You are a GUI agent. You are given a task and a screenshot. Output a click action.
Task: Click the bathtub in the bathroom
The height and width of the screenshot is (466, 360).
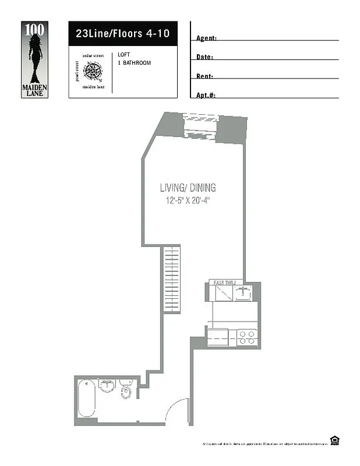pyautogui.click(x=87, y=398)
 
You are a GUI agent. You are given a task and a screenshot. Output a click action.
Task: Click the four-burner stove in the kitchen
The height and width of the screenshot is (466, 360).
pyautogui.click(x=247, y=337)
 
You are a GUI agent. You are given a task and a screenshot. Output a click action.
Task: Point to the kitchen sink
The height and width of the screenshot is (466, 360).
pyautogui.click(x=245, y=292)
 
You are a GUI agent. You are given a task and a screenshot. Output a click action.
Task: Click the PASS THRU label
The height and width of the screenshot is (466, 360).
pyautogui.click(x=224, y=283)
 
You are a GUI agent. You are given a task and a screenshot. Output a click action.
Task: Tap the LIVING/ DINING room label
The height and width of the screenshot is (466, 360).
pyautogui.click(x=188, y=188)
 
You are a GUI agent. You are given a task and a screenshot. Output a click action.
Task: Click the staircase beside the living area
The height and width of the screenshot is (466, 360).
pyautogui.click(x=171, y=279)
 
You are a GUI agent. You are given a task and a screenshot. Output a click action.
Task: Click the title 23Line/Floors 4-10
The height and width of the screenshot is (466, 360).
pyautogui.click(x=122, y=34)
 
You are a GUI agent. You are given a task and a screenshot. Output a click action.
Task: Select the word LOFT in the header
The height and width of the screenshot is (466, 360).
pyautogui.click(x=123, y=55)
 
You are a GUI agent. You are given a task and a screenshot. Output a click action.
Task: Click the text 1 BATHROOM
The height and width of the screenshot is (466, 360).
pyautogui.click(x=134, y=62)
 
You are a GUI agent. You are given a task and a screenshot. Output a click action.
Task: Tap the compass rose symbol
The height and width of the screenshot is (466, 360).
pyautogui.click(x=91, y=72)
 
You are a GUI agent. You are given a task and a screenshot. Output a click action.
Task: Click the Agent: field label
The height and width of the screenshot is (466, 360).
pyautogui.click(x=207, y=38)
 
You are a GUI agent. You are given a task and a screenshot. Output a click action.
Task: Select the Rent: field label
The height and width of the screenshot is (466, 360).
pyautogui.click(x=204, y=76)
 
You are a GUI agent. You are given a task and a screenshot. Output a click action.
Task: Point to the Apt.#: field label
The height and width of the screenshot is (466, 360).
pyautogui.click(x=206, y=95)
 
